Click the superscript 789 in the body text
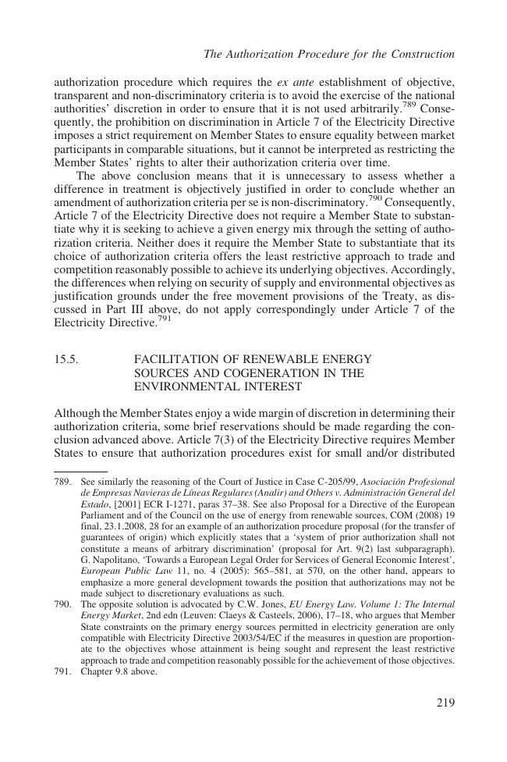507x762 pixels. (409, 106)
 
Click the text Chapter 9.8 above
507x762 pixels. (119, 670)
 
